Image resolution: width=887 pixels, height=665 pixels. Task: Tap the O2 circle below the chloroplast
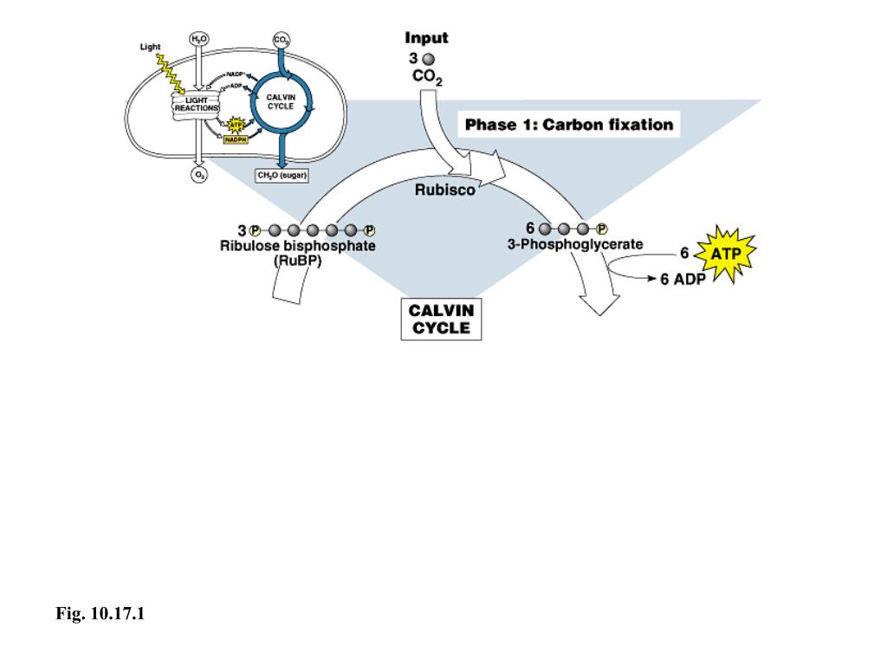tap(199, 175)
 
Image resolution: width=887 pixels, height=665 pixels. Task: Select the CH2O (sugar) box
tap(282, 175)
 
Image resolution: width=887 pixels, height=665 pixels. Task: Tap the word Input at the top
tap(426, 38)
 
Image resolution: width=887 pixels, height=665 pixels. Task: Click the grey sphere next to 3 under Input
tap(428, 59)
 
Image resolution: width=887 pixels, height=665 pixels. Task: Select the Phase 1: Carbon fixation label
tap(568, 125)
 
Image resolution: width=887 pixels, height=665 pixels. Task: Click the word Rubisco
tap(444, 191)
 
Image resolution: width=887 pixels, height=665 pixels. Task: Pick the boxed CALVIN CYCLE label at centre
tap(440, 319)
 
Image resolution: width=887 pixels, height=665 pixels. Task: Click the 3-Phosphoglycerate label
tap(575, 245)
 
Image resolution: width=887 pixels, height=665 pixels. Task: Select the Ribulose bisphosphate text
tap(297, 246)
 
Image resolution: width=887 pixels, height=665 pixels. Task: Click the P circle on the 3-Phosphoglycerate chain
tap(604, 229)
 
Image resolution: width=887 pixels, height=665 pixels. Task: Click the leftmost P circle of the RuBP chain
tap(255, 231)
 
